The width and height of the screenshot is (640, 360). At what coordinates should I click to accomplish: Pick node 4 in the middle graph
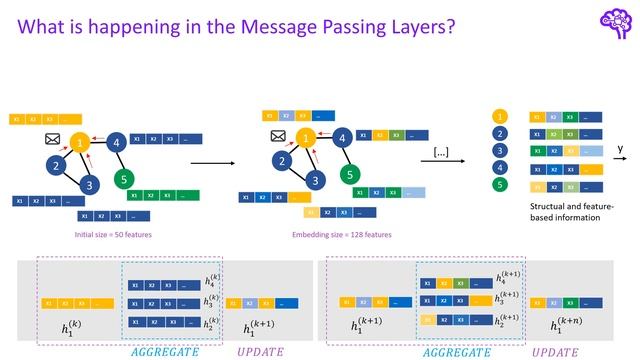[x=342, y=138]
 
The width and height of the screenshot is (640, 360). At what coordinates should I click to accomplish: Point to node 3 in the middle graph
[x=316, y=180]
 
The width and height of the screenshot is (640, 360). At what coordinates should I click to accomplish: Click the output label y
[x=619, y=148]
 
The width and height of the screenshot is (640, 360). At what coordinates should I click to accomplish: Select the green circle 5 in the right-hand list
[x=498, y=185]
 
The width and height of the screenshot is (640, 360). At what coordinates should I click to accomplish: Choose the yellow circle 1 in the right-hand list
[x=498, y=115]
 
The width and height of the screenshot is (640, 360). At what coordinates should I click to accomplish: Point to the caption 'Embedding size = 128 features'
[x=341, y=235]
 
